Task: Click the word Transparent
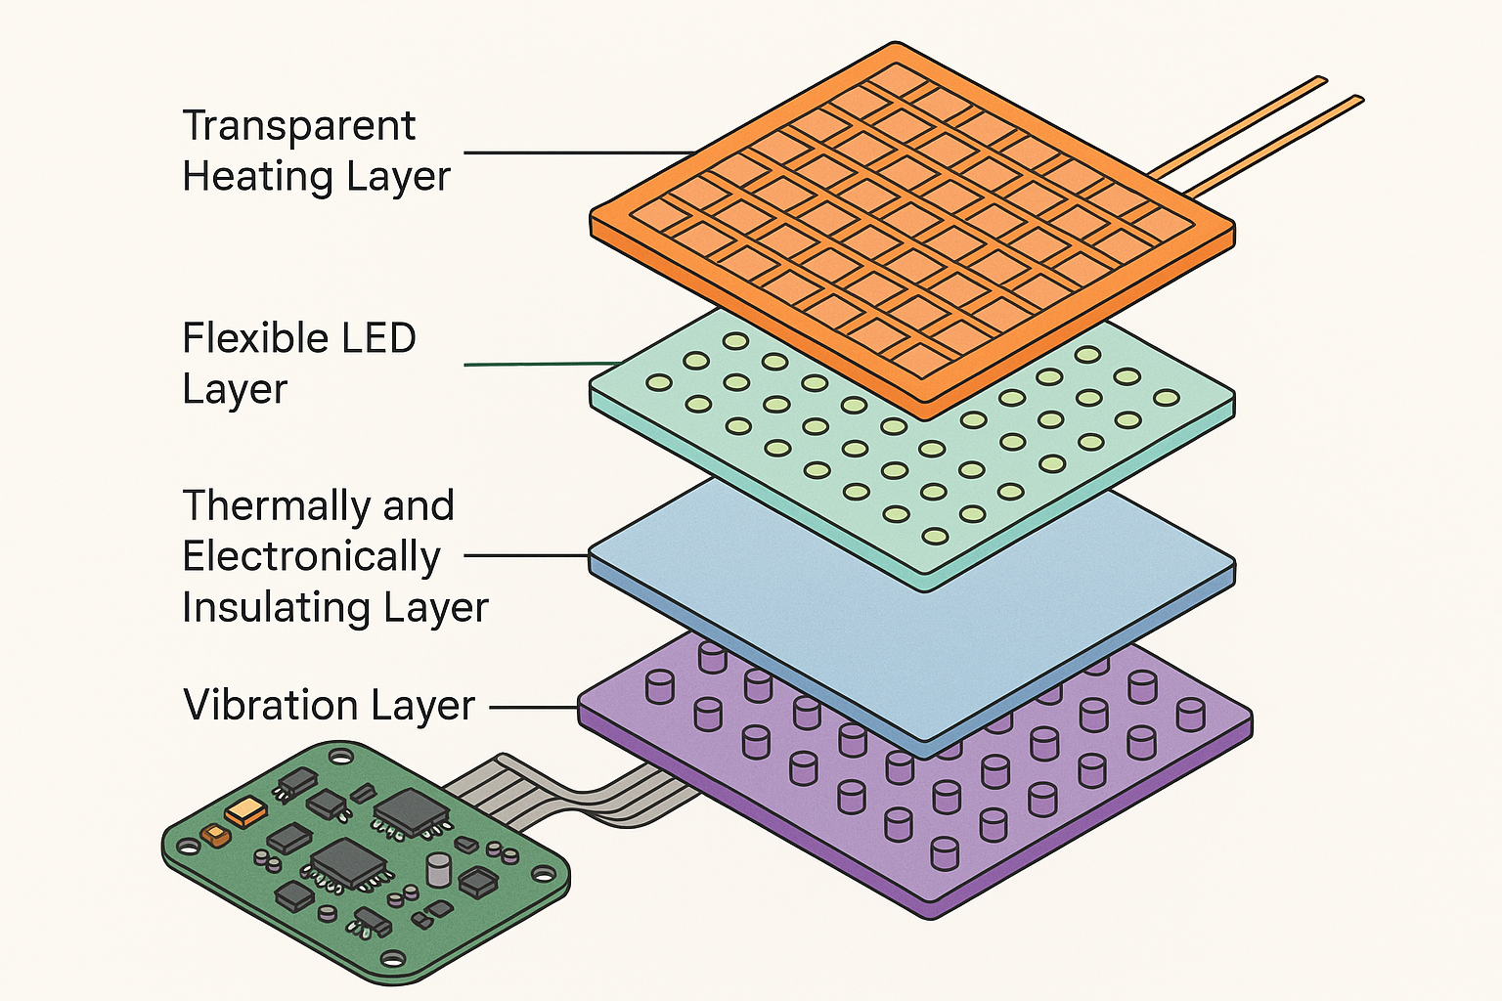298,127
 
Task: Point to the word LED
377,339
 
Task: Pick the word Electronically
311,557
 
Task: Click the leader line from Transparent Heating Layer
577,152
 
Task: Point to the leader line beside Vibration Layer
534,707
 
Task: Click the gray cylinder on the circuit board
439,869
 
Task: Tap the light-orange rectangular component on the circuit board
245,810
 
